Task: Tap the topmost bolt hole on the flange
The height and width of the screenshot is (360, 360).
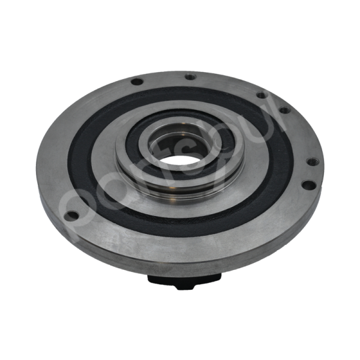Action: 190,77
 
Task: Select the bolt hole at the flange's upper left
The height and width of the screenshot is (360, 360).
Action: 137,82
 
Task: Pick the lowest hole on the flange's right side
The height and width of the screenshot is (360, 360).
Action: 307,185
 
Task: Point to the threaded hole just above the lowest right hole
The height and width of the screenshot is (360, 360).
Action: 311,161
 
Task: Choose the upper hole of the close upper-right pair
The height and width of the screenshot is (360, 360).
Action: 262,95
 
